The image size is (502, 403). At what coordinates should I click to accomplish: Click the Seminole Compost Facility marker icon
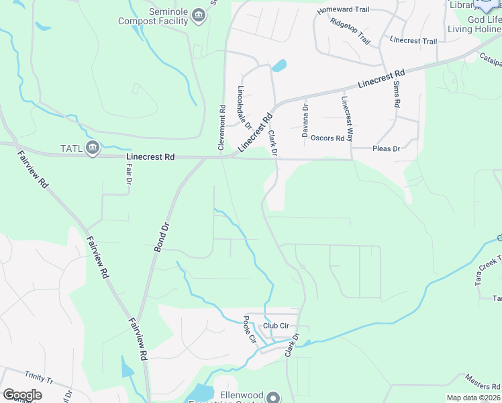198,15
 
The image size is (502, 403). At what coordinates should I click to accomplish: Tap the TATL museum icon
93,148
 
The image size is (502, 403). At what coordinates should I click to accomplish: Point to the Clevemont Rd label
221,126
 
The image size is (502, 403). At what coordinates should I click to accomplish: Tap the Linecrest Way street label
347,118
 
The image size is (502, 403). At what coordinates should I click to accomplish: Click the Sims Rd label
397,97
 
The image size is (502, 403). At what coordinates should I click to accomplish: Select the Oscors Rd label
328,138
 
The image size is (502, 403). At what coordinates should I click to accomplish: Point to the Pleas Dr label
386,148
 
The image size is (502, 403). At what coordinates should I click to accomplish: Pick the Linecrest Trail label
413,41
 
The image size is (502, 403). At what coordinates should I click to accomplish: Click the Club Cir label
276,326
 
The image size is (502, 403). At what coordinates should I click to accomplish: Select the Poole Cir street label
250,329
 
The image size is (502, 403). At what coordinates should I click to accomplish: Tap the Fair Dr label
128,176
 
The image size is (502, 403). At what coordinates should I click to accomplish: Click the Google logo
22,395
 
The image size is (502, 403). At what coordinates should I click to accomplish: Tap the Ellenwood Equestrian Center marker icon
273,397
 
